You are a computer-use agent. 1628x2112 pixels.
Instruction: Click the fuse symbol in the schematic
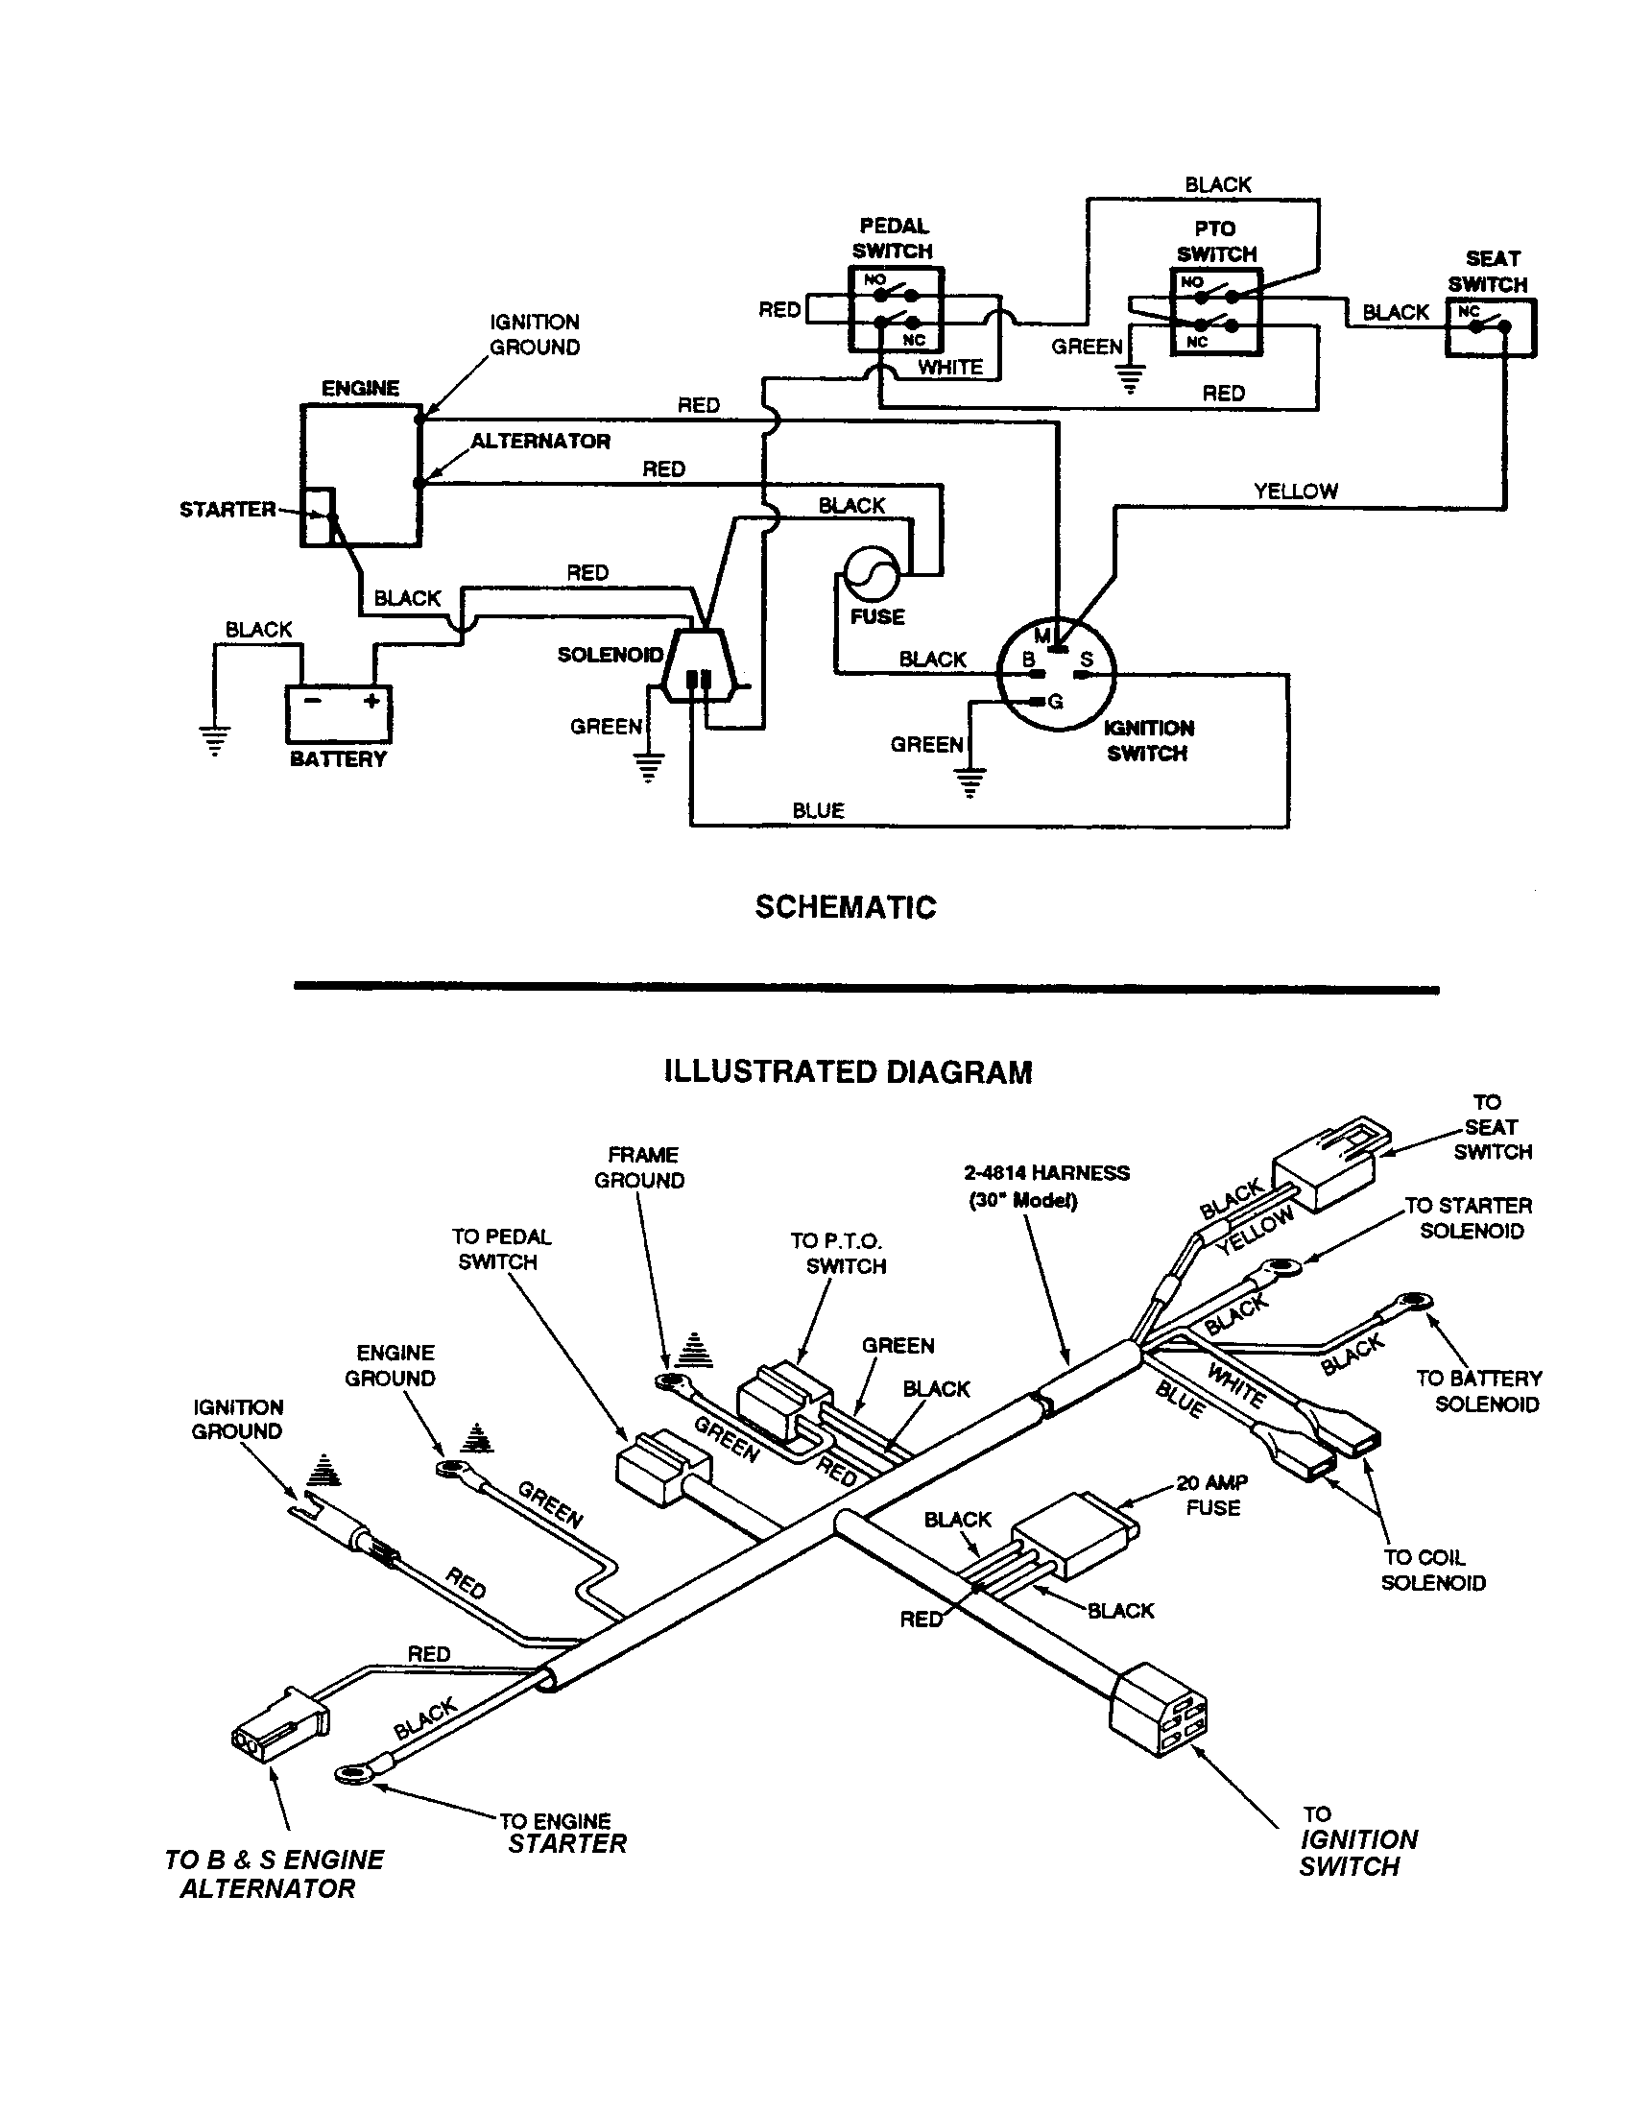872,574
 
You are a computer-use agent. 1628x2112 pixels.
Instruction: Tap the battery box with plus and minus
338,712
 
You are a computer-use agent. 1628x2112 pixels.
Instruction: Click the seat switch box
1490,327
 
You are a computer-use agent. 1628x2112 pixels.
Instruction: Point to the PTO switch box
1215,311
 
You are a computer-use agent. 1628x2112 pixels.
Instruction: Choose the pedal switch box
896,309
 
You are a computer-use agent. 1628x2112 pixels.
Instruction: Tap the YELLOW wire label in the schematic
1295,492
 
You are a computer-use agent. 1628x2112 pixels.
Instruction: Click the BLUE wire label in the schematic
818,810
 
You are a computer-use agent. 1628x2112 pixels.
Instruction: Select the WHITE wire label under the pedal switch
949,368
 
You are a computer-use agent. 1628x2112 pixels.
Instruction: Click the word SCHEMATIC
845,907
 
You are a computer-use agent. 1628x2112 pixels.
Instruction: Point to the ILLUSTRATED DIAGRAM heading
847,1072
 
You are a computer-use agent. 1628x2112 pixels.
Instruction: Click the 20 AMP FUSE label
1212,1495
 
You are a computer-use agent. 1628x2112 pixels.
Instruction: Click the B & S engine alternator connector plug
280,1727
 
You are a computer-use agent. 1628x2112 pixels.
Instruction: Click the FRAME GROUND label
639,1167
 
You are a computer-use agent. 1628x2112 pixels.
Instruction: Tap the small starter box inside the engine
318,516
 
